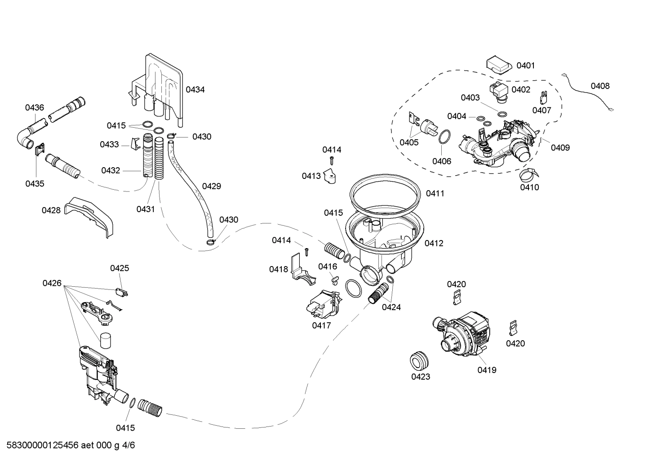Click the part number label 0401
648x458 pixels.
pos(525,66)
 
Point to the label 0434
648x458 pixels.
pos(195,89)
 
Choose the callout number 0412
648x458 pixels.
pos(434,243)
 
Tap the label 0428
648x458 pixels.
pos(51,210)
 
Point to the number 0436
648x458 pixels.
pos(35,107)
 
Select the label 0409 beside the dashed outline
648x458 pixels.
pos(560,147)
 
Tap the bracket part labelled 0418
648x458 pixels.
pos(301,269)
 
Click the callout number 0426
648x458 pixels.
pos(52,283)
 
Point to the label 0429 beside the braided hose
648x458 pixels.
pos(211,186)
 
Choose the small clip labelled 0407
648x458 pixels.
pos(543,98)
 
